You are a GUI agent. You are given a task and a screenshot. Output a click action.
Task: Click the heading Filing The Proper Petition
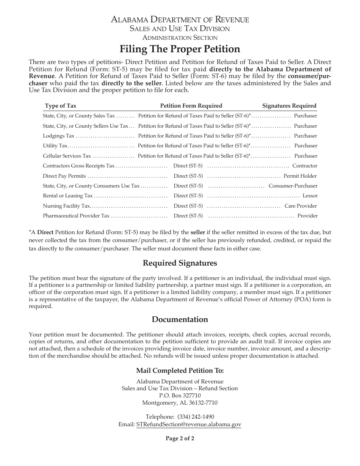pyautogui.click(x=180, y=49)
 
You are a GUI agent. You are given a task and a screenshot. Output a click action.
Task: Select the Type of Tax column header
pyautogui.click(x=61, y=106)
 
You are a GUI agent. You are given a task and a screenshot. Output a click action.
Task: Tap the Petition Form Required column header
pyautogui.click(x=191, y=106)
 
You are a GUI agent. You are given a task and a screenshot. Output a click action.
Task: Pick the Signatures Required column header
pyautogui.click(x=289, y=106)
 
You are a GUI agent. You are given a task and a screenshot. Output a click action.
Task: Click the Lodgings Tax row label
pyautogui.click(x=59, y=136)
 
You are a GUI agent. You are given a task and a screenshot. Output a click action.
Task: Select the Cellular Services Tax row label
pyautogui.click(x=67, y=156)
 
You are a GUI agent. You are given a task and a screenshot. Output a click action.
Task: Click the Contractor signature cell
pyautogui.click(x=305, y=166)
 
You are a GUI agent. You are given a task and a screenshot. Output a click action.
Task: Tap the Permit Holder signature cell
pyautogui.click(x=300, y=176)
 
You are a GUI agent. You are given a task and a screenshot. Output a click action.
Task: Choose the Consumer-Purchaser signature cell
pyautogui.click(x=293, y=186)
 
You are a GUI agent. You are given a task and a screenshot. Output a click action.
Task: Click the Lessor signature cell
pyautogui.click(x=310, y=196)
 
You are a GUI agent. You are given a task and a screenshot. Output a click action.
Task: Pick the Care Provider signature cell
pyautogui.click(x=301, y=206)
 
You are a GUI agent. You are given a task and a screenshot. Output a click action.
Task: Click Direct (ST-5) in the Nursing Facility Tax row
pyautogui.click(x=188, y=206)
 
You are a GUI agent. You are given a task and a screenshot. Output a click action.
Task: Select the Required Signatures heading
pyautogui.click(x=180, y=263)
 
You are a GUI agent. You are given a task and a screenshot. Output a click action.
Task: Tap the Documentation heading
pyautogui.click(x=180, y=319)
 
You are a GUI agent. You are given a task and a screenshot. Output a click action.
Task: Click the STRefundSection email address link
pyautogui.click(x=189, y=425)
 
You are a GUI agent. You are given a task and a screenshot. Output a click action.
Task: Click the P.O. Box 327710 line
pyautogui.click(x=180, y=396)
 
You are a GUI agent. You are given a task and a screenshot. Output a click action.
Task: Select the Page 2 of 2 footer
pyautogui.click(x=180, y=439)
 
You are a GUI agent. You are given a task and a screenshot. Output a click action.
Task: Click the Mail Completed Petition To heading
pyautogui.click(x=180, y=370)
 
